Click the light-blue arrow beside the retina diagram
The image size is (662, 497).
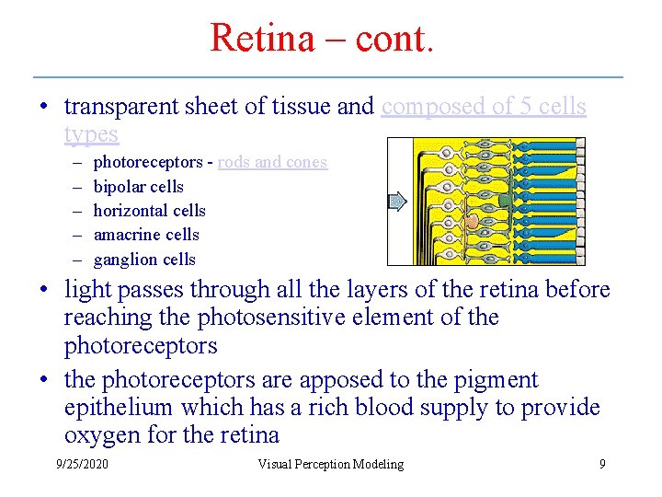(x=396, y=202)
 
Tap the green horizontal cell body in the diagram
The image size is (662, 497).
(x=504, y=200)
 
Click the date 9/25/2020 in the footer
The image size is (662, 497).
(x=82, y=464)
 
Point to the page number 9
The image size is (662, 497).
(x=602, y=464)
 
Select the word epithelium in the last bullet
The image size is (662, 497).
(x=120, y=407)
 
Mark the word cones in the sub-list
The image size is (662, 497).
(x=306, y=162)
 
